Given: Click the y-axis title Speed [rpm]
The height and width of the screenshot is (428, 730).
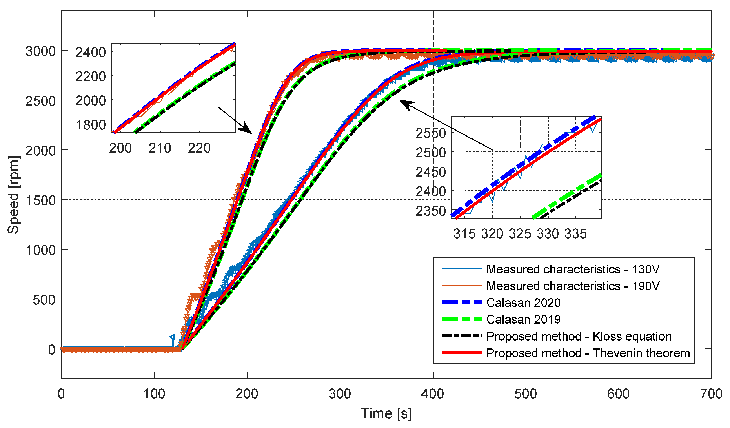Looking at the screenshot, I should point(13,195).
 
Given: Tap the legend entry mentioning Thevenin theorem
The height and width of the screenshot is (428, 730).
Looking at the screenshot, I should point(588,353).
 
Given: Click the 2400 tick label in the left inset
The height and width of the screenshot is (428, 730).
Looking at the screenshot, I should point(91,53).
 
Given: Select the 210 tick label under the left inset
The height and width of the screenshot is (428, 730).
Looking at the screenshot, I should point(160,148).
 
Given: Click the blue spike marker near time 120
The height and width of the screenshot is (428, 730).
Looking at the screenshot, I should point(172,337).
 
